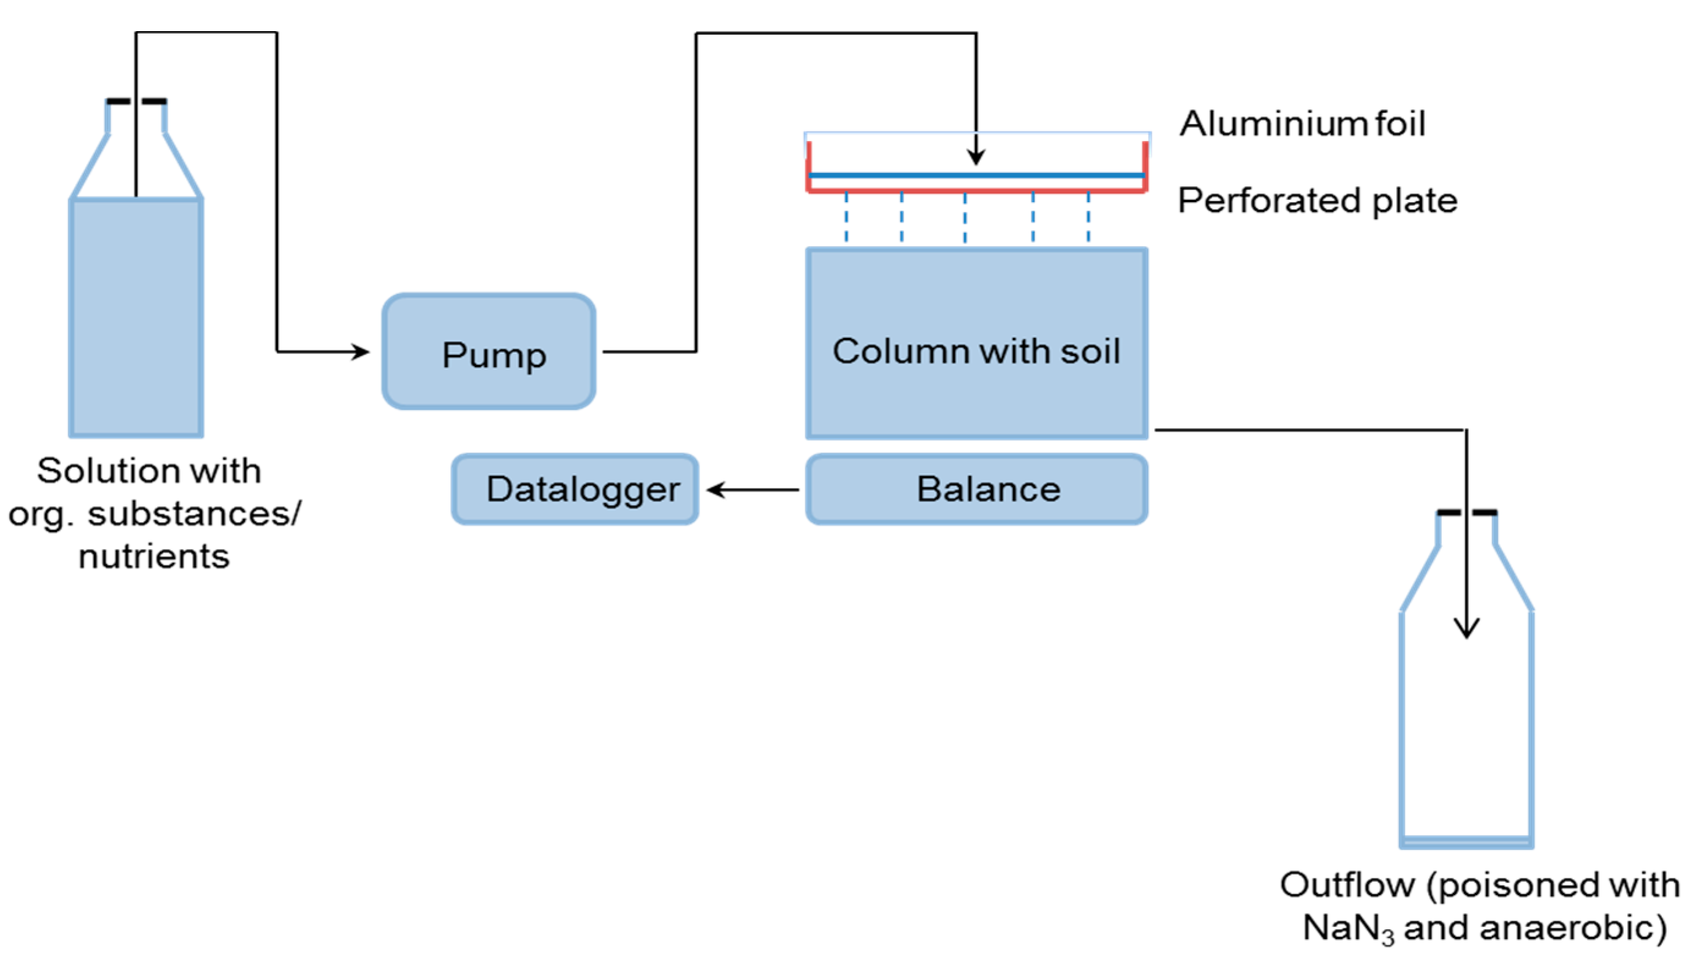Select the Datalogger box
[x=574, y=489]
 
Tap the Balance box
[x=976, y=489]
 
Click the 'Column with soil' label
[x=976, y=351]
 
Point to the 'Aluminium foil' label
[x=1303, y=123]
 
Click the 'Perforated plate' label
[x=1317, y=200]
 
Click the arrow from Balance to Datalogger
[x=752, y=490]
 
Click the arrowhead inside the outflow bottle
[x=1466, y=628]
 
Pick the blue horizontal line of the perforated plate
[x=976, y=175]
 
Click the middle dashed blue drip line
[x=965, y=217]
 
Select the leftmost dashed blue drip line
[x=846, y=217]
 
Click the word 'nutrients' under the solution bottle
[x=154, y=556]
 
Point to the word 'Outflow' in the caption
[x=1347, y=885]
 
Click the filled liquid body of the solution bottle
[x=136, y=316]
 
